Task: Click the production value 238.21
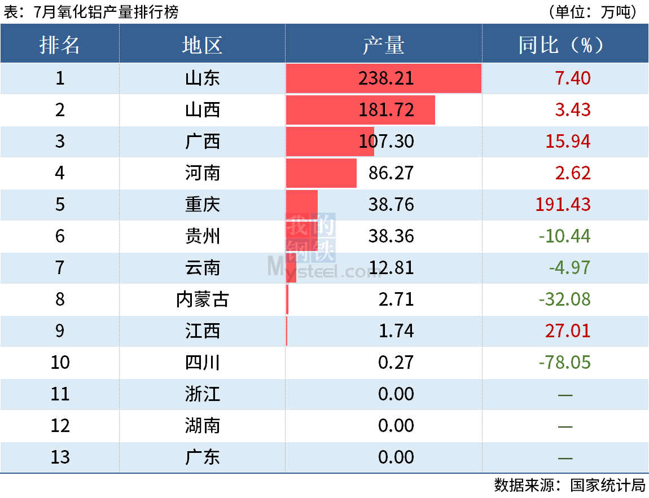click(386, 78)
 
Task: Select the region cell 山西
click(202, 109)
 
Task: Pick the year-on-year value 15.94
click(568, 141)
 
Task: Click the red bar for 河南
click(321, 173)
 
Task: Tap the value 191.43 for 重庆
click(563, 204)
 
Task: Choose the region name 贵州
click(202, 236)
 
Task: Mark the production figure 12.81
click(391, 267)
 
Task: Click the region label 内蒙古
click(202, 299)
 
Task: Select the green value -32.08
click(564, 299)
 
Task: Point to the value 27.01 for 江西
click(568, 330)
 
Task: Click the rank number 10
click(60, 362)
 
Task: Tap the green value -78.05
click(564, 362)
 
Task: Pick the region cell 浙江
click(202, 394)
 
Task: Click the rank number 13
click(60, 457)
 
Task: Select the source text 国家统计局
click(607, 485)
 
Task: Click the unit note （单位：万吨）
click(592, 12)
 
